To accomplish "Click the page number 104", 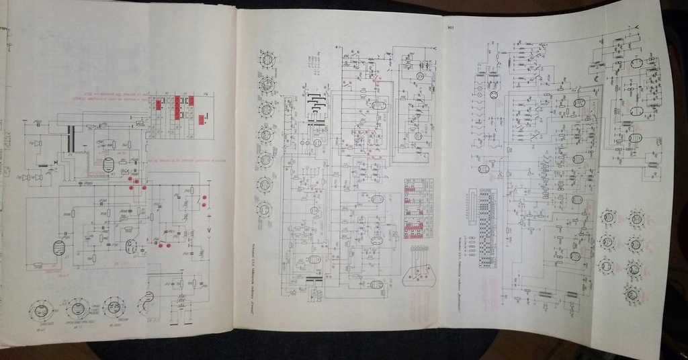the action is pos(448,28).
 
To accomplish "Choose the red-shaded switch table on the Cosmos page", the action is pos(418,208).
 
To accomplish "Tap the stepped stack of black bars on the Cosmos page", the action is pos(316,108).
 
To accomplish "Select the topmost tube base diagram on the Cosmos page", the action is pos(267,60).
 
